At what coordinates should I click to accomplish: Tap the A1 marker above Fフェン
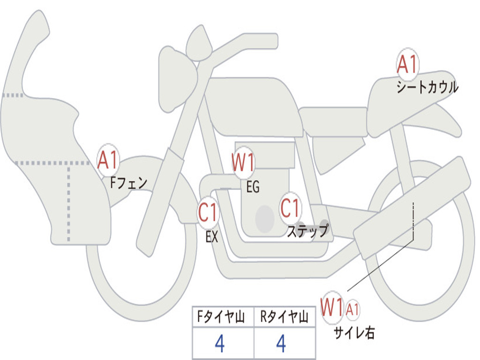click(108, 161)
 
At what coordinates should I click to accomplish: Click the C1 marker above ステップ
click(290, 208)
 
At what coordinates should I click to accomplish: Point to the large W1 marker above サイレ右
click(332, 308)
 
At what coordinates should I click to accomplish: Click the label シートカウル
click(427, 87)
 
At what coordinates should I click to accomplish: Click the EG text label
click(253, 187)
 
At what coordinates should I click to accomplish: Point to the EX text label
click(212, 237)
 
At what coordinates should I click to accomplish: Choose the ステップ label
click(307, 231)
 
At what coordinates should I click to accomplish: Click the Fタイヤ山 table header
click(222, 318)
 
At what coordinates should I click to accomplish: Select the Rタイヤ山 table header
click(284, 318)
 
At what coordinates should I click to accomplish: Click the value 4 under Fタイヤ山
click(220, 345)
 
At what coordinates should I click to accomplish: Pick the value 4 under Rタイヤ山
click(281, 345)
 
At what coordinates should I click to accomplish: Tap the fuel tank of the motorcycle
click(253, 105)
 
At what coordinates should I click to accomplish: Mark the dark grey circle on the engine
click(265, 218)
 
